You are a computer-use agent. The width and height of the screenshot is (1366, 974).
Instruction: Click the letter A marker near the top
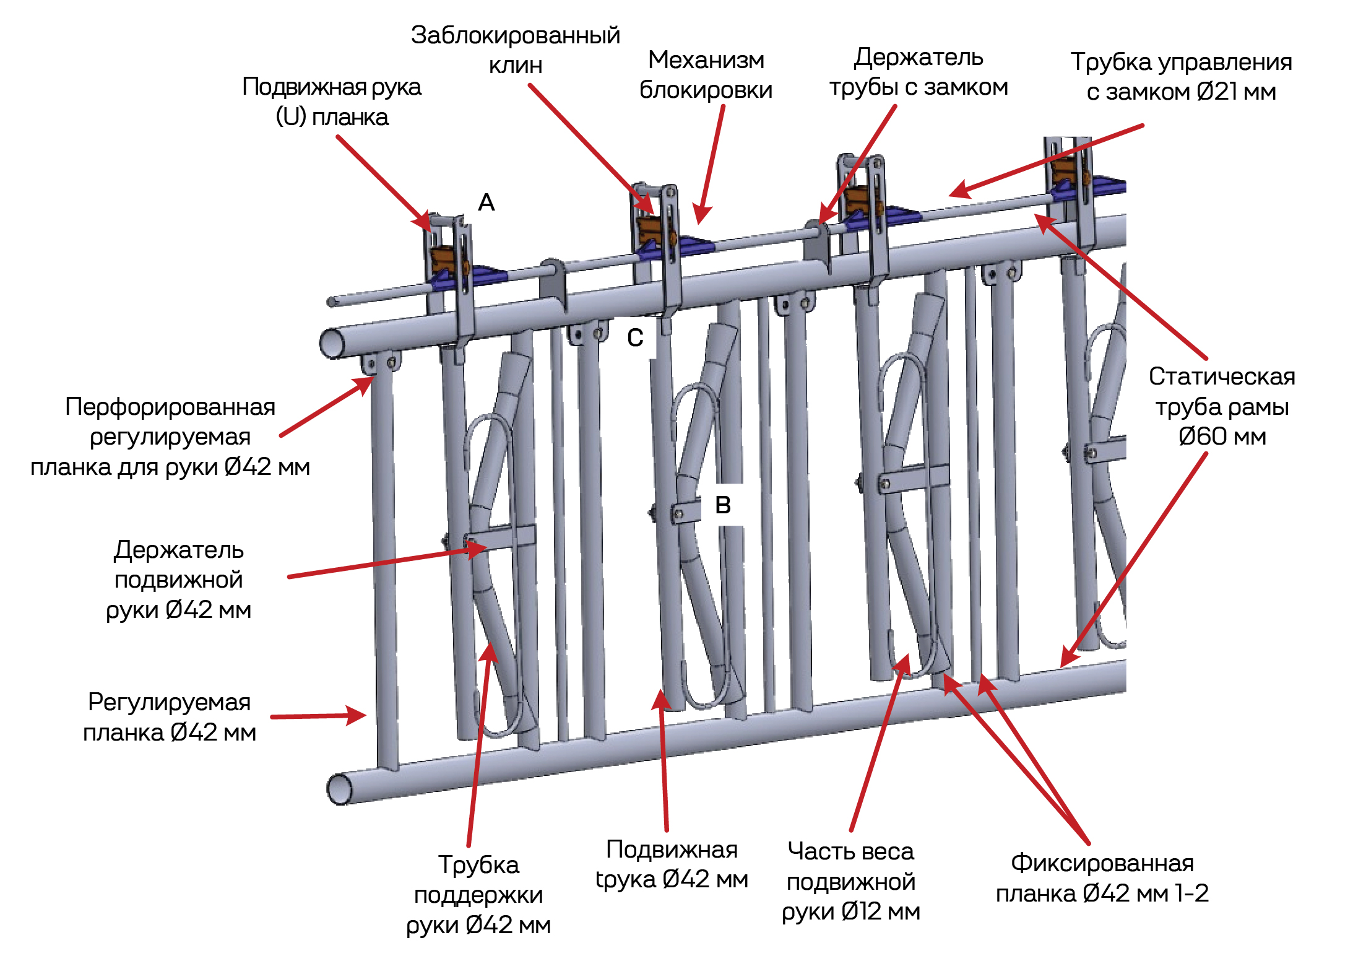pos(486,202)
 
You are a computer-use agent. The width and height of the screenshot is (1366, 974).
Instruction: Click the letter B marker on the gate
pos(722,505)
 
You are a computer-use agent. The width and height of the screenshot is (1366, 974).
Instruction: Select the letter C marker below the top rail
pos(635,337)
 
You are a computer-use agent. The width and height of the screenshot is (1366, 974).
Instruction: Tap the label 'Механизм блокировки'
pos(706,75)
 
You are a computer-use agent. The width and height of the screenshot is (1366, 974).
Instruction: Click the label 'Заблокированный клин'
pos(515,50)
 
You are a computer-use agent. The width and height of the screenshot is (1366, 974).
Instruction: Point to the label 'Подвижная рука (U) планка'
pos(332,102)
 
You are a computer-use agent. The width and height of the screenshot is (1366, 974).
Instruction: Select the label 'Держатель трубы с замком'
pos(919,72)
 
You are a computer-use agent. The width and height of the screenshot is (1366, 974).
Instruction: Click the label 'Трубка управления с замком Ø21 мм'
pos(1181,77)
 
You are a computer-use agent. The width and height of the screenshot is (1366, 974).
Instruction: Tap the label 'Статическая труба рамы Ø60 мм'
pos(1222,406)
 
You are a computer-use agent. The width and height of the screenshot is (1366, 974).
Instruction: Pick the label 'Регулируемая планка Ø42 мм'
pos(170,717)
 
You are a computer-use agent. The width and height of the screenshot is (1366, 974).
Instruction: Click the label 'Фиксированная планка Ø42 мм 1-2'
pos(1102,877)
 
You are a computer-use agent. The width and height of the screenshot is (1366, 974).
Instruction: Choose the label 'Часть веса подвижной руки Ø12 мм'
pos(851,881)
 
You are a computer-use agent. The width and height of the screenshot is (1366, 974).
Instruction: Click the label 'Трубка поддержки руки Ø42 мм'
pos(478,895)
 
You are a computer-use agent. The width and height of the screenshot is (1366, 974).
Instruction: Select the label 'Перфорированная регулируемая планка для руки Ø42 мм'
pos(170,437)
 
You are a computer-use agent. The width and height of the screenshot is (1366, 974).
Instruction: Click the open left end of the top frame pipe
pos(332,344)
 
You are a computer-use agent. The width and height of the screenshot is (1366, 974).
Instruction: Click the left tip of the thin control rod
pos(332,302)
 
